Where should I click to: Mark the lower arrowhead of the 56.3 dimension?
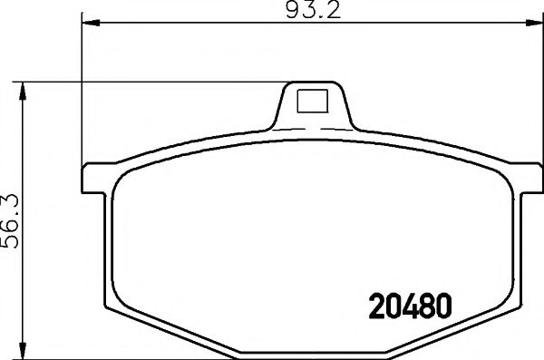[x=24, y=352]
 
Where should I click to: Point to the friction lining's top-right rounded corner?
[x=494, y=176]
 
